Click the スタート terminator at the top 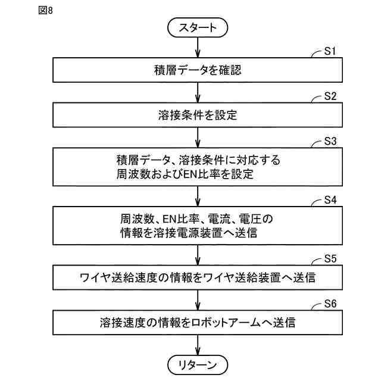[x=197, y=27]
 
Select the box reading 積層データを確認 [x=197, y=70]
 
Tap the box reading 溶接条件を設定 [x=197, y=115]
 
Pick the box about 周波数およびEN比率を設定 [x=197, y=167]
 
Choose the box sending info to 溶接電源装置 [x=197, y=225]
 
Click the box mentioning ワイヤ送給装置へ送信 [x=197, y=277]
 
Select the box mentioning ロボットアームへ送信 [x=197, y=323]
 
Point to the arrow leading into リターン [x=197, y=345]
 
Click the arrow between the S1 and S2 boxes [x=197, y=92]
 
